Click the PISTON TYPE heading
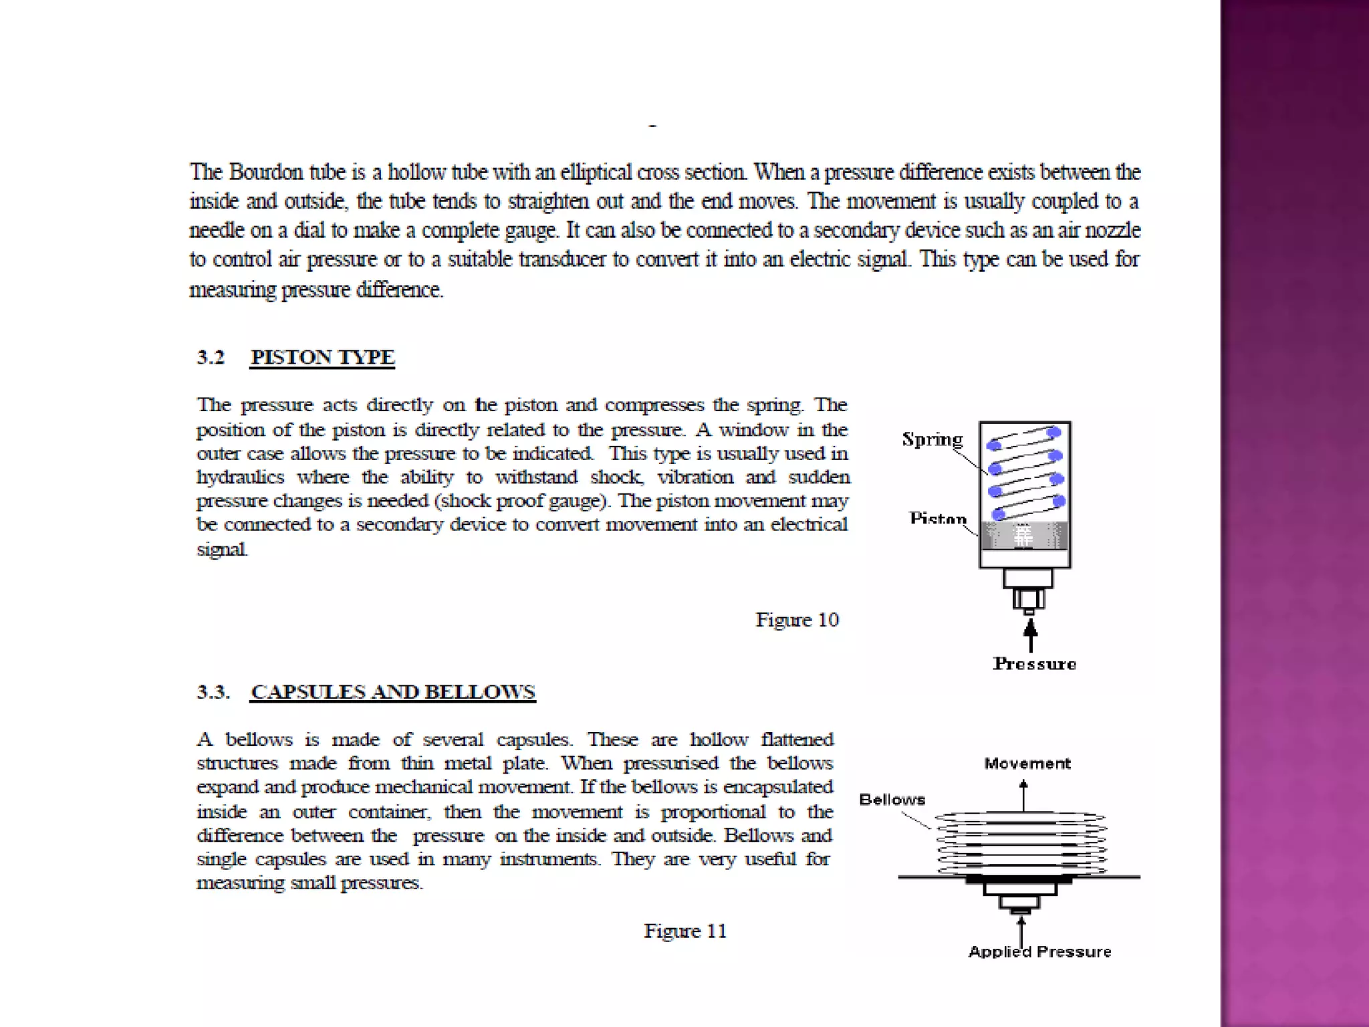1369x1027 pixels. [322, 357]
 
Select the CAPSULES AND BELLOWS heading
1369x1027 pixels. [392, 691]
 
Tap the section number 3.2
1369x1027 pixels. [211, 357]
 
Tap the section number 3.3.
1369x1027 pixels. [213, 691]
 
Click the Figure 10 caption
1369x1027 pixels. [797, 620]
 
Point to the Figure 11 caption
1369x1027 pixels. [684, 931]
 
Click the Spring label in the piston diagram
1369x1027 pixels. [932, 439]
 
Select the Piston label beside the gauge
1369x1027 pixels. [937, 519]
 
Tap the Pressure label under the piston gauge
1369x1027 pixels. [1034, 663]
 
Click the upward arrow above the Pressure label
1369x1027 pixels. [1031, 635]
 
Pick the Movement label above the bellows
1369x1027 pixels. [1027, 764]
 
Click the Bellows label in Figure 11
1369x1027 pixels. [892, 800]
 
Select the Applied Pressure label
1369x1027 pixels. [1039, 951]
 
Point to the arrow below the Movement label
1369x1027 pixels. [1023, 796]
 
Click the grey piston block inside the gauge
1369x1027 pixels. [1024, 536]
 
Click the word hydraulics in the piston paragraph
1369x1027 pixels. [240, 477]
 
